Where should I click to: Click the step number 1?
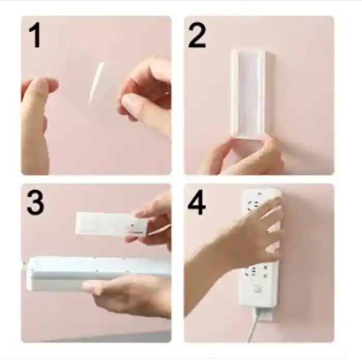(35, 37)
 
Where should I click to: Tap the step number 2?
(197, 36)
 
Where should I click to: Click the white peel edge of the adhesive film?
(96, 83)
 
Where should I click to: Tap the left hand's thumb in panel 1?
(36, 98)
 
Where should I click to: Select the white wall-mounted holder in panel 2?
(249, 93)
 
